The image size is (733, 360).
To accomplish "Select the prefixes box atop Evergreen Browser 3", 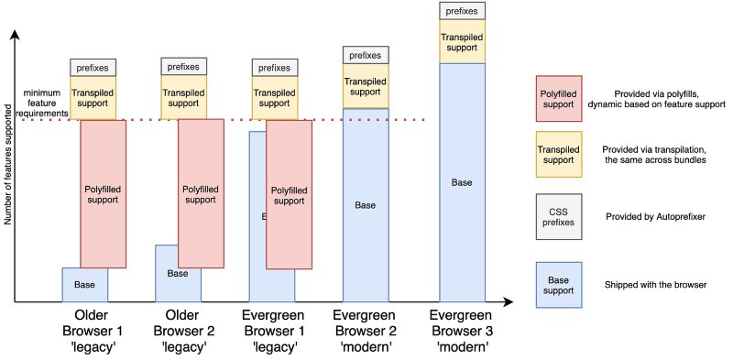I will (x=463, y=11).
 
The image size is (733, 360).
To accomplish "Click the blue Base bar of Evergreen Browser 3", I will (x=463, y=182).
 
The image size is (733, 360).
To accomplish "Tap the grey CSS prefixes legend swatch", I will (x=558, y=216).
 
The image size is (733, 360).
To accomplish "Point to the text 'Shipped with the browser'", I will (x=655, y=285).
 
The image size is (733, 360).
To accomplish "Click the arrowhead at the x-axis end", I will (x=506, y=301).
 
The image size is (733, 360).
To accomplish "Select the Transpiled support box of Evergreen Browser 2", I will (x=366, y=86).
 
